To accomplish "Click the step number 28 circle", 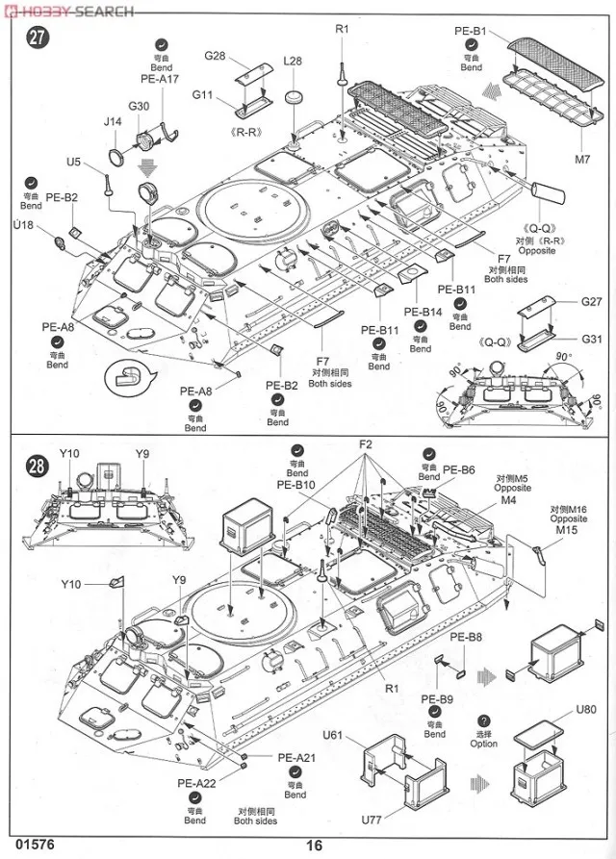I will [x=36, y=467].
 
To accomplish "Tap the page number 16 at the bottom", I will [x=314, y=846].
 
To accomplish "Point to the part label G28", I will [x=214, y=57].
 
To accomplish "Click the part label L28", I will [x=293, y=61].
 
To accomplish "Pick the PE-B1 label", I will [x=471, y=32].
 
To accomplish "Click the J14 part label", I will [x=113, y=122].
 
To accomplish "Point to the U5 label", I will [x=75, y=162].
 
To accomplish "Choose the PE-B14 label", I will [x=423, y=312].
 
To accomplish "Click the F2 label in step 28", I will [x=366, y=444].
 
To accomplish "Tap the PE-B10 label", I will [x=296, y=485].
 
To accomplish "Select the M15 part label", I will [x=567, y=530].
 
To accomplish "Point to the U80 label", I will [x=587, y=710].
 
